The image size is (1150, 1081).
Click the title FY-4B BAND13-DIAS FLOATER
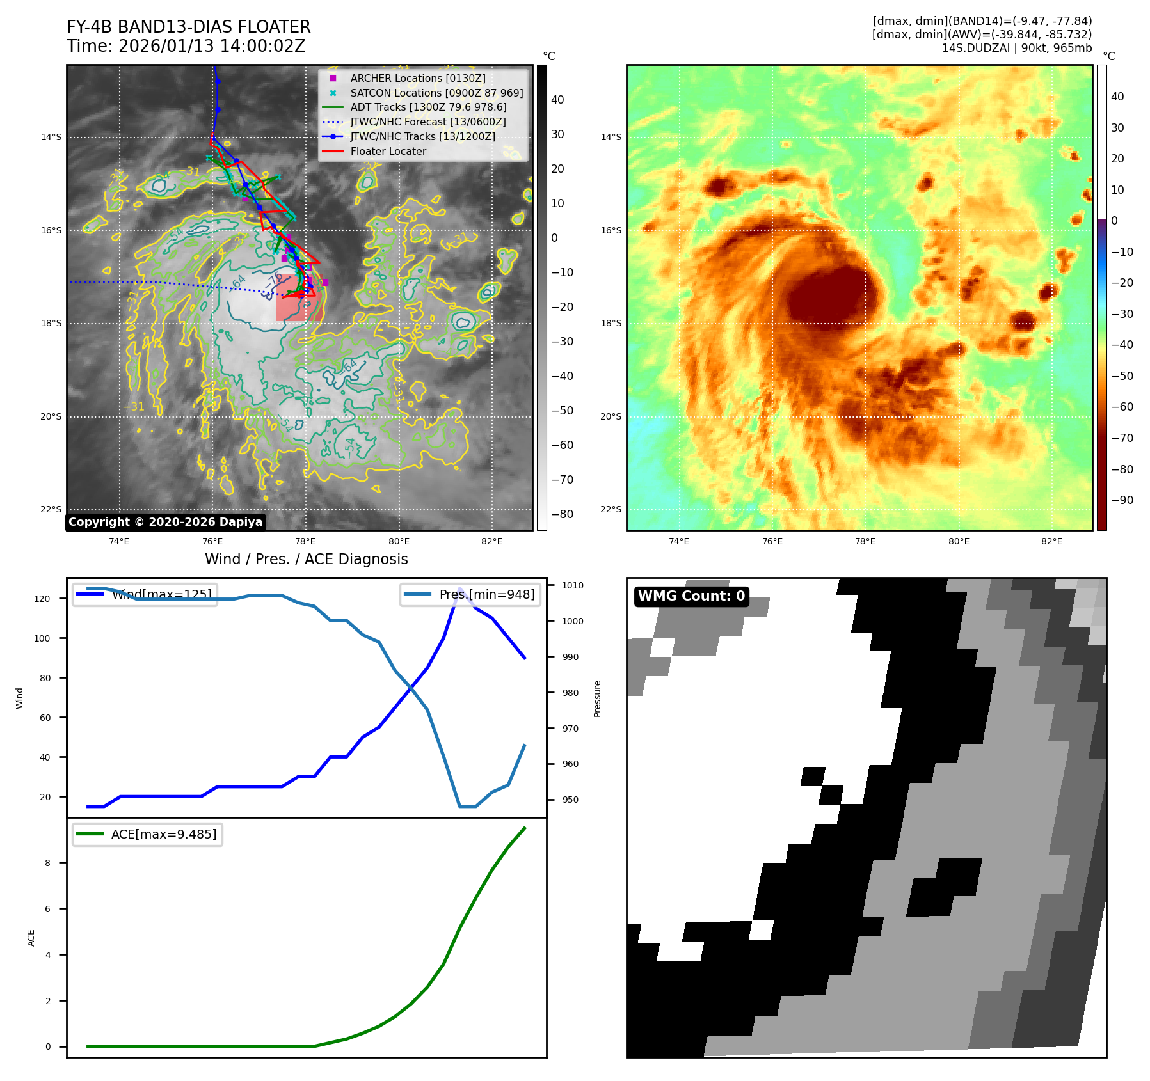[188, 27]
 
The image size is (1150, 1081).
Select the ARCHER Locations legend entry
[417, 78]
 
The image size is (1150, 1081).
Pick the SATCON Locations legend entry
[436, 93]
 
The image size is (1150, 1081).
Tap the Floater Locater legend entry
[388, 152]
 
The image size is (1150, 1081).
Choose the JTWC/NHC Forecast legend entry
[427, 122]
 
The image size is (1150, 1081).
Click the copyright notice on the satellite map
[165, 522]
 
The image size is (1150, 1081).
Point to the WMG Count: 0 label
[691, 596]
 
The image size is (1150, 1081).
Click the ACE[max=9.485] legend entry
[163, 834]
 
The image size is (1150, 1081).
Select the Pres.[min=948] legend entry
[486, 594]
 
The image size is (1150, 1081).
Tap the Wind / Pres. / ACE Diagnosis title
[306, 559]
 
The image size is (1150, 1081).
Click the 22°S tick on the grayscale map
[51, 510]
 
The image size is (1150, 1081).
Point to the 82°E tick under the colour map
[1051, 541]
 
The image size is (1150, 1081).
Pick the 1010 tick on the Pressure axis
[572, 585]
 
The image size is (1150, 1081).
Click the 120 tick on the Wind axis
[42, 599]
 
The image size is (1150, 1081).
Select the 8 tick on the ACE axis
[47, 863]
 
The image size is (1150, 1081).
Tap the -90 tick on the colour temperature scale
[1122, 500]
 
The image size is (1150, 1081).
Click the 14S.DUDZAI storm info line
[1016, 48]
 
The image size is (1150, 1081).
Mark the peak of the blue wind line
[459, 588]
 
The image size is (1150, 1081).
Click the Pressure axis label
[597, 698]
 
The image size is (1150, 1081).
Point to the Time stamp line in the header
[186, 46]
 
